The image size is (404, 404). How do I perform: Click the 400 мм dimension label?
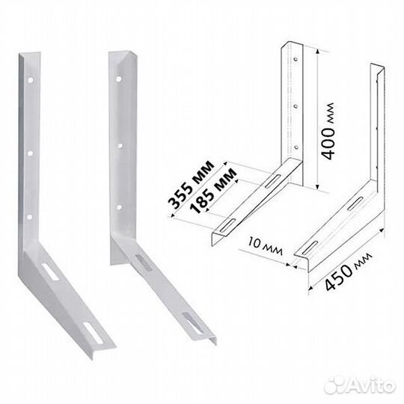(x=328, y=131)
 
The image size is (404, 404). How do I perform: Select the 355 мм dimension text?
(x=191, y=185)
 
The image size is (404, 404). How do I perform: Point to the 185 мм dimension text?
(x=212, y=191)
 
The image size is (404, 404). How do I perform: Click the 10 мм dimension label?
(x=265, y=246)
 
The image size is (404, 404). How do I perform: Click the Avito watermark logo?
(x=360, y=386)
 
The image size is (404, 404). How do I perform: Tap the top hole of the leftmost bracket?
(x=31, y=80)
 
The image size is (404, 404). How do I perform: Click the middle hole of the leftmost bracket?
(x=30, y=153)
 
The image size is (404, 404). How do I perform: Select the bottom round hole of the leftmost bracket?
(x=30, y=217)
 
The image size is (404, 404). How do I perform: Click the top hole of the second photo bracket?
(x=118, y=79)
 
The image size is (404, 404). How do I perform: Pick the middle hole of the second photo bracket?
(x=120, y=146)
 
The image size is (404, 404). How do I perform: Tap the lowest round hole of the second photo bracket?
(x=119, y=206)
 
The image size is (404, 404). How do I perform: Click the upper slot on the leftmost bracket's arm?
(x=51, y=272)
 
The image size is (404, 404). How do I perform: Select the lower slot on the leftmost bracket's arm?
(x=93, y=332)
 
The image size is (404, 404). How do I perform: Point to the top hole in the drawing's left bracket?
(x=296, y=59)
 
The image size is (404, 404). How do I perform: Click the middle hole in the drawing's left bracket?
(x=296, y=105)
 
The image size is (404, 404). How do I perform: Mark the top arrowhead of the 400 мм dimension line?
(x=318, y=52)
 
